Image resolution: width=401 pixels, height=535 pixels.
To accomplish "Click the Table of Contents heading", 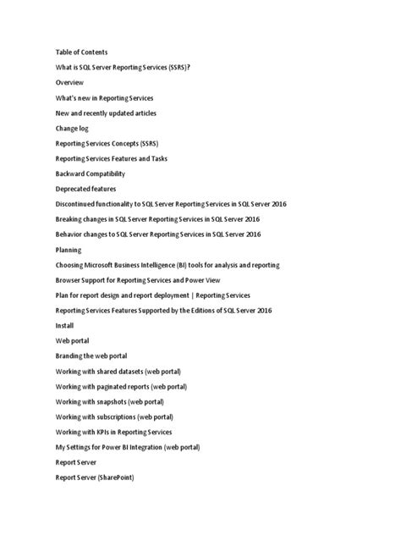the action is tap(81, 52).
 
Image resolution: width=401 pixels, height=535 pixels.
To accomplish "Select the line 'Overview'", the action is tap(69, 83).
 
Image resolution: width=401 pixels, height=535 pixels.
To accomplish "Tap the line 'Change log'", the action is tap(72, 129).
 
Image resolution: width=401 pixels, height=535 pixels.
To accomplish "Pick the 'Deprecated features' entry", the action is tap(85, 189).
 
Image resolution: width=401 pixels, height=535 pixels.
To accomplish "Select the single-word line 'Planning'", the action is tap(69, 250).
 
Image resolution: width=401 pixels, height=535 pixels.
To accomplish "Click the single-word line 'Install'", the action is tap(64, 325).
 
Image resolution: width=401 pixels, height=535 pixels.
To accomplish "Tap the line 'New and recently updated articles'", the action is tap(106, 113).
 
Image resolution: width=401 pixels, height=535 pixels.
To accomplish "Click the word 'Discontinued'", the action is tap(78, 204).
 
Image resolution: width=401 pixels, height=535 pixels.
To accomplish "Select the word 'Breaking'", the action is tap(69, 219).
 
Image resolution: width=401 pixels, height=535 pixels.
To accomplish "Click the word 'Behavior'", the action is tap(70, 234).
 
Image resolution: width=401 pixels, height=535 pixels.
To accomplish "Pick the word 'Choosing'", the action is tap(70, 265).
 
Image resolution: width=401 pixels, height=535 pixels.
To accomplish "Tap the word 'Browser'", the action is tap(69, 280).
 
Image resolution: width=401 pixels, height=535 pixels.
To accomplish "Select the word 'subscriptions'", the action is tap(118, 417).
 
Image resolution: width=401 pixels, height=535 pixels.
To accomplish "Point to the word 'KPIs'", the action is tap(106, 433).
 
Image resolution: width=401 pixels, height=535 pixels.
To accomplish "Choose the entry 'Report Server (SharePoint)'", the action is tap(95, 478).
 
